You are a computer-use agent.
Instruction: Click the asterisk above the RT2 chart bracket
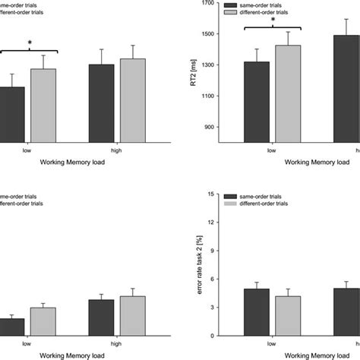pyautogui.click(x=273, y=21)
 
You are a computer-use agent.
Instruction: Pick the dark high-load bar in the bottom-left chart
pyautogui.click(x=101, y=317)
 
